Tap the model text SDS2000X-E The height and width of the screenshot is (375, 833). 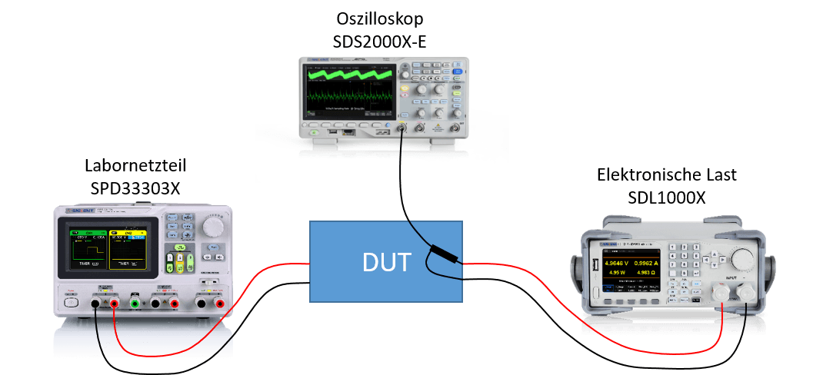tap(379, 39)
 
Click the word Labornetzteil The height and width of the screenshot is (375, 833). tap(135, 165)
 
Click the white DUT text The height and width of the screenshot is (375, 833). tap(385, 263)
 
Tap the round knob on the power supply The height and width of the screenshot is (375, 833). tap(212, 227)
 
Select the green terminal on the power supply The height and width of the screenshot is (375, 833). tap(135, 304)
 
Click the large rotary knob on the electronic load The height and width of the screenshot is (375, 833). tap(743, 257)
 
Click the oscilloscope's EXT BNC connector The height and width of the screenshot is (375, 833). tap(456, 127)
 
